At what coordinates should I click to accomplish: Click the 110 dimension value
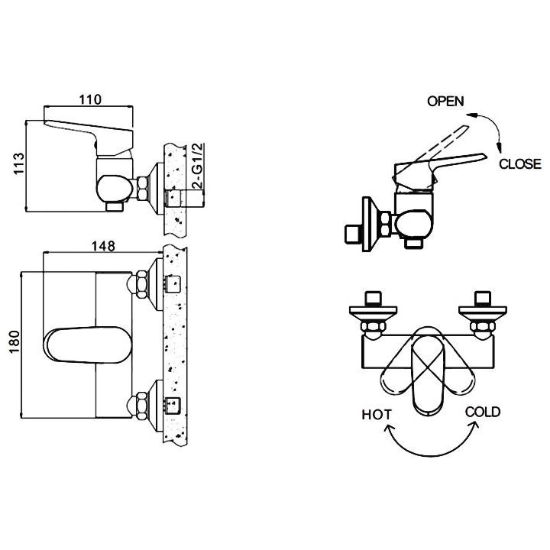pos(90,99)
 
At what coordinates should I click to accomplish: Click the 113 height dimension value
pos(18,163)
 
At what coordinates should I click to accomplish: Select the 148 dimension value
pos(103,246)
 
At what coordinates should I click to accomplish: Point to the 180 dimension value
pos(15,341)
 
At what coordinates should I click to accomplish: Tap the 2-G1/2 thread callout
pos(198,166)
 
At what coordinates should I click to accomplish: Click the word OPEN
pos(445,102)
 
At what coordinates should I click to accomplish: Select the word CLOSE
pos(520,163)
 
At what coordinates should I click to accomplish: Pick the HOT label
pos(376,415)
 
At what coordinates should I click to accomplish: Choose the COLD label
pos(483,412)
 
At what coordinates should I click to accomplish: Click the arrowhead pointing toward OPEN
pos(471,115)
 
